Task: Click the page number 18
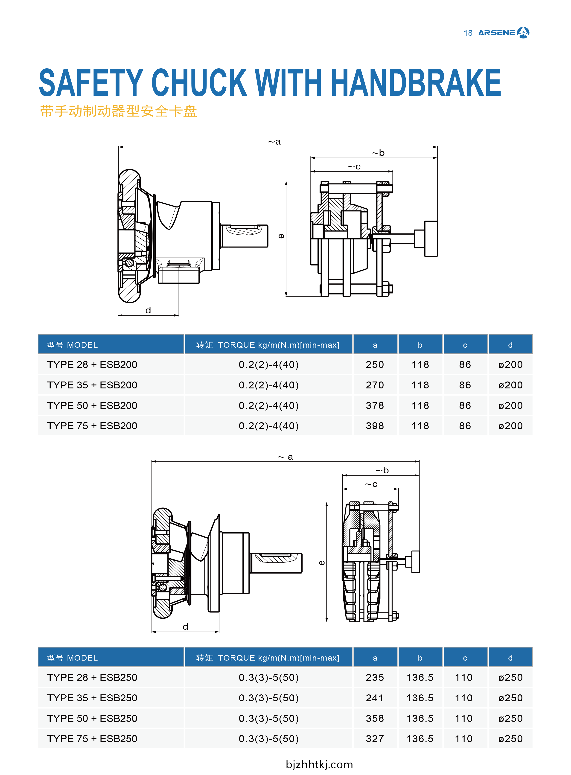pyautogui.click(x=468, y=33)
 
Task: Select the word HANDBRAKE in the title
pyautogui.click(x=416, y=83)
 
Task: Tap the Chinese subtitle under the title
pyautogui.click(x=119, y=111)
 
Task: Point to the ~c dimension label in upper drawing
pyautogui.click(x=354, y=167)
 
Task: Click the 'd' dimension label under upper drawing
pyautogui.click(x=148, y=310)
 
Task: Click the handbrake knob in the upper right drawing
pyautogui.click(x=431, y=239)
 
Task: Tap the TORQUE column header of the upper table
pyautogui.click(x=268, y=345)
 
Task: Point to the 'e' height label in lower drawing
pyautogui.click(x=321, y=563)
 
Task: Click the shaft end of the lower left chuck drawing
pyautogui.click(x=277, y=563)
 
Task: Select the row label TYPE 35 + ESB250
pyautogui.click(x=92, y=698)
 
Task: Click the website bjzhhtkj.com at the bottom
pyautogui.click(x=319, y=764)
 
